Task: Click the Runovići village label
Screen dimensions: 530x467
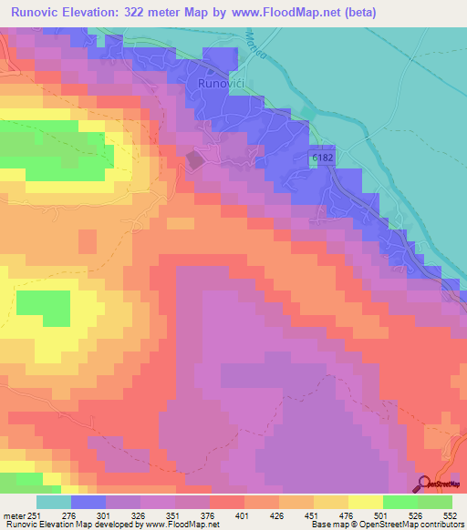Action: (x=223, y=83)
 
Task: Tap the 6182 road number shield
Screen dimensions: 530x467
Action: (x=321, y=158)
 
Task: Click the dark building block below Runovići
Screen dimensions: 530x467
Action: (x=195, y=160)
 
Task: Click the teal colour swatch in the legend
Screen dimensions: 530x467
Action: (x=53, y=502)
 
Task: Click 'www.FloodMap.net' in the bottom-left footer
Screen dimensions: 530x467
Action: (x=174, y=524)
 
